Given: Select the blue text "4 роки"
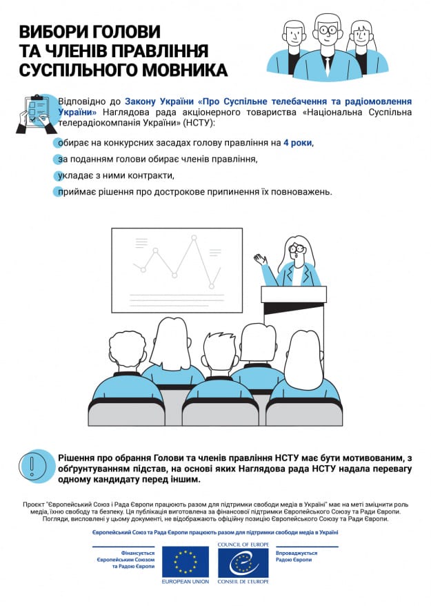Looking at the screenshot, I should (297, 143).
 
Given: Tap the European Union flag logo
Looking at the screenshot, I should (185, 562).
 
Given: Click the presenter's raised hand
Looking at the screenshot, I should (260, 260).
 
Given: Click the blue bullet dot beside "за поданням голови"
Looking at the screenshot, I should (58, 159).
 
